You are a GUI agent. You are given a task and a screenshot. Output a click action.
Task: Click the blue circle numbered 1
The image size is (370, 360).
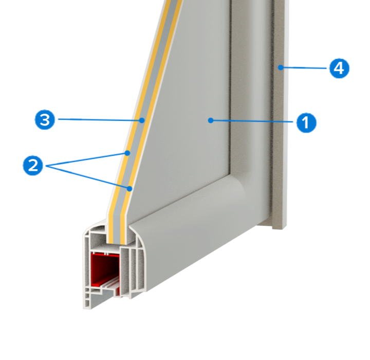306,122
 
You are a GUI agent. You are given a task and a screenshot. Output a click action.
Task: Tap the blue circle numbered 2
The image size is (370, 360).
33,165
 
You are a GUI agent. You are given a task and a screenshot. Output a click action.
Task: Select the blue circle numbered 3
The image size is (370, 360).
45,119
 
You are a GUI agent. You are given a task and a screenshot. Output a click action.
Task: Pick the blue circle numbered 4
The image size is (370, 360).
339,68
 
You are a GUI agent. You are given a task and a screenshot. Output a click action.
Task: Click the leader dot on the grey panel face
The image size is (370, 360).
211,120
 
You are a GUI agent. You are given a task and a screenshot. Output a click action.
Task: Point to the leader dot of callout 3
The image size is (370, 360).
142,120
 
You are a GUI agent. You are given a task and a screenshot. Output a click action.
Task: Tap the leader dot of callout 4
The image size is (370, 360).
281,67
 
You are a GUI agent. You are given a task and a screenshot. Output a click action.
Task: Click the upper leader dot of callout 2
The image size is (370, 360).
127,153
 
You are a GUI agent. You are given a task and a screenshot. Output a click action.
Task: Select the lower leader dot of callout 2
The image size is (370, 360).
129,189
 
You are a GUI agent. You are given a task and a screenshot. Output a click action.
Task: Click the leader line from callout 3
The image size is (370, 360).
100,120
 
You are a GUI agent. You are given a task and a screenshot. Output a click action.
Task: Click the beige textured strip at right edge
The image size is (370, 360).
279,113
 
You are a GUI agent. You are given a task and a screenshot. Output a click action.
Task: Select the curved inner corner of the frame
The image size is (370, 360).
236,182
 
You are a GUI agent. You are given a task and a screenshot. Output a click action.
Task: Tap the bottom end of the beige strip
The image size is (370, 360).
280,227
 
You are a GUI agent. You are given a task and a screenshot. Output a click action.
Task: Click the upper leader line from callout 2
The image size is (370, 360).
86,159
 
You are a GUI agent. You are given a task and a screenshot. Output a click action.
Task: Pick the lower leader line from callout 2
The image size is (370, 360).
87,177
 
